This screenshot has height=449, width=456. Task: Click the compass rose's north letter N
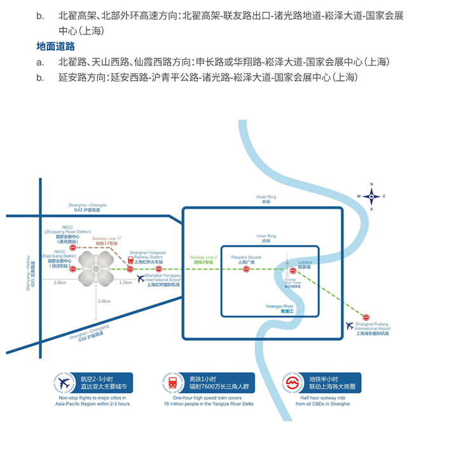point(371,185)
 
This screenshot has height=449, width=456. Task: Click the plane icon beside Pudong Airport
point(349,326)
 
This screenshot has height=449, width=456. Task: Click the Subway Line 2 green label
point(205,259)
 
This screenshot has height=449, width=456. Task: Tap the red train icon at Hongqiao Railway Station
point(130,261)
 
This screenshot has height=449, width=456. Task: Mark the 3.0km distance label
point(104,301)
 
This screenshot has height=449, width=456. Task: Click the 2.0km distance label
point(60,282)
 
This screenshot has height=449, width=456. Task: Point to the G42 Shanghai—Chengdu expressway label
point(88,207)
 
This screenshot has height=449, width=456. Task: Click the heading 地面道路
point(55,46)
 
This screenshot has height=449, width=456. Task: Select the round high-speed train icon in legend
point(172,383)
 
